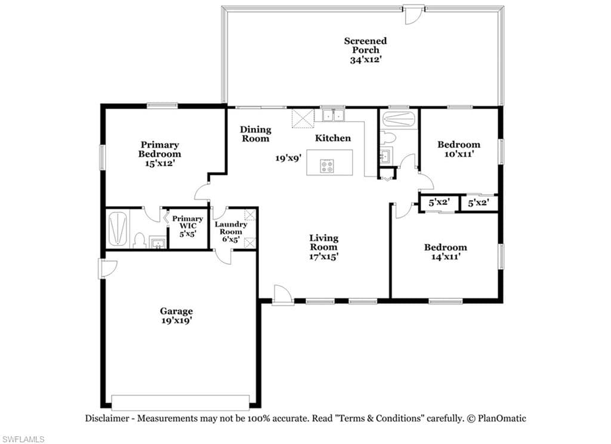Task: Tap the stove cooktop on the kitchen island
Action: (x=327, y=166)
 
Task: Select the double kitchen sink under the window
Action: (x=333, y=115)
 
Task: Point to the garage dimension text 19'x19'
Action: (x=176, y=320)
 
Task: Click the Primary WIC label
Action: (x=187, y=226)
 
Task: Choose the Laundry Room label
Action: (x=231, y=232)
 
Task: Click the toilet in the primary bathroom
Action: (x=138, y=240)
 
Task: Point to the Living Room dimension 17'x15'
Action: (x=323, y=257)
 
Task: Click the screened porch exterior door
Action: (x=413, y=14)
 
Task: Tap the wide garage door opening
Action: (x=180, y=403)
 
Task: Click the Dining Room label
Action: (x=255, y=134)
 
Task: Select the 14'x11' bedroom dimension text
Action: (x=446, y=257)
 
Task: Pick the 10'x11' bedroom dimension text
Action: (x=459, y=154)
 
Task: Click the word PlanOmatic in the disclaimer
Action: (x=502, y=419)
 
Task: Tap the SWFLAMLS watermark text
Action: (x=23, y=439)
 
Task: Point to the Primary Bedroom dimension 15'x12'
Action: (x=159, y=164)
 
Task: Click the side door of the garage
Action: (x=107, y=269)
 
